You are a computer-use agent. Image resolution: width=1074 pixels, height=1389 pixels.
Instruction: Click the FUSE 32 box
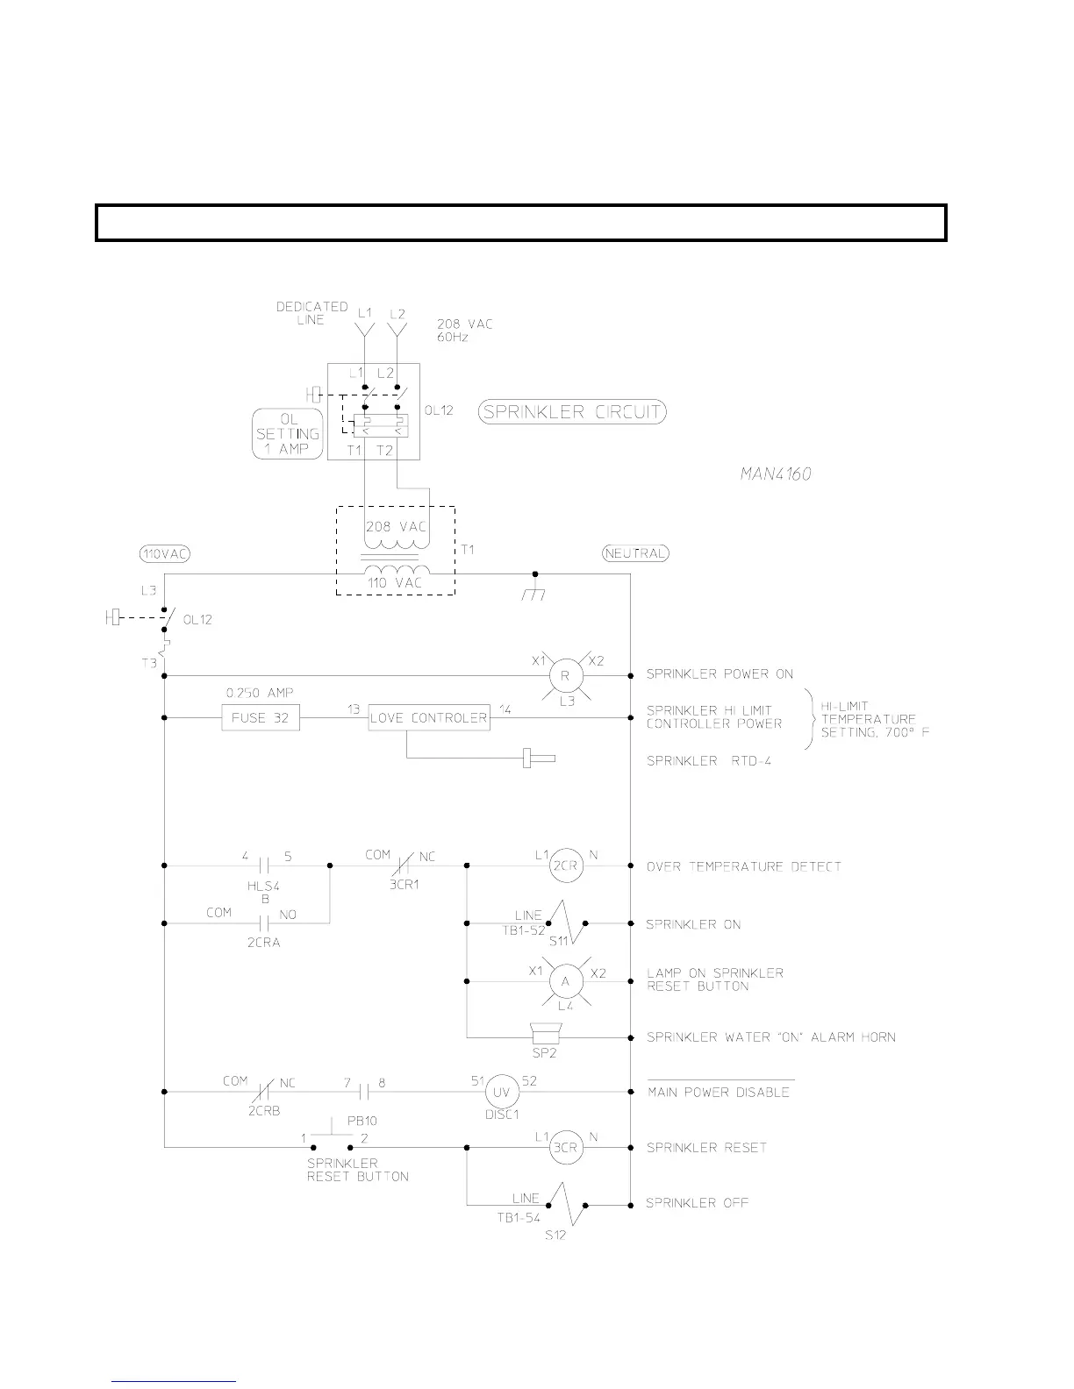260,718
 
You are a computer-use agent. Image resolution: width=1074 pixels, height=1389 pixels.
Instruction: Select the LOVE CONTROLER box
428,718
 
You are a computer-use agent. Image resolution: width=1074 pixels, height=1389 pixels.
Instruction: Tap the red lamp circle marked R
565,676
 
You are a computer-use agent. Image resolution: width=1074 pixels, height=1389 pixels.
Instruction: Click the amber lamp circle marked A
565,981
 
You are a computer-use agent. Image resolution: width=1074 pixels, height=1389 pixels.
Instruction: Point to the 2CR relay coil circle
565,866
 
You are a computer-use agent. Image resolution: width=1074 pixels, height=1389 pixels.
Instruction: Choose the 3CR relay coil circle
566,1148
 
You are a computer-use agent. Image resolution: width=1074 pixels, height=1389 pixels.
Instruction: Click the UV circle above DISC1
503,1092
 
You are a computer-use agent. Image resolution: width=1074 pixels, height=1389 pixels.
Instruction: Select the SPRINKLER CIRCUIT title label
572,412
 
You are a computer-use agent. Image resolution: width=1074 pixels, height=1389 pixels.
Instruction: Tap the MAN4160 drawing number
774,474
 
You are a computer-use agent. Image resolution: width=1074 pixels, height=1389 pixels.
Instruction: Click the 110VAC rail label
165,553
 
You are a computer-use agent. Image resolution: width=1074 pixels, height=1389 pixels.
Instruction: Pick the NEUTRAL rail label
635,553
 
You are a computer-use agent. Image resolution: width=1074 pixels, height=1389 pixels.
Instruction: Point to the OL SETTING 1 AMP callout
287,434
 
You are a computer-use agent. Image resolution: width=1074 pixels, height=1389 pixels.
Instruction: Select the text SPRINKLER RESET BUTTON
357,1170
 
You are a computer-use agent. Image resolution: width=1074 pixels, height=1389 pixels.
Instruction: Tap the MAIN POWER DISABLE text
718,1093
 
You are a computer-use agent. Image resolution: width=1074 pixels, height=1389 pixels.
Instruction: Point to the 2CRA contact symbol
264,922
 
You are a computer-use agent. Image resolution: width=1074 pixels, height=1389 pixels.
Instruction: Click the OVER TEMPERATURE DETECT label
743,866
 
